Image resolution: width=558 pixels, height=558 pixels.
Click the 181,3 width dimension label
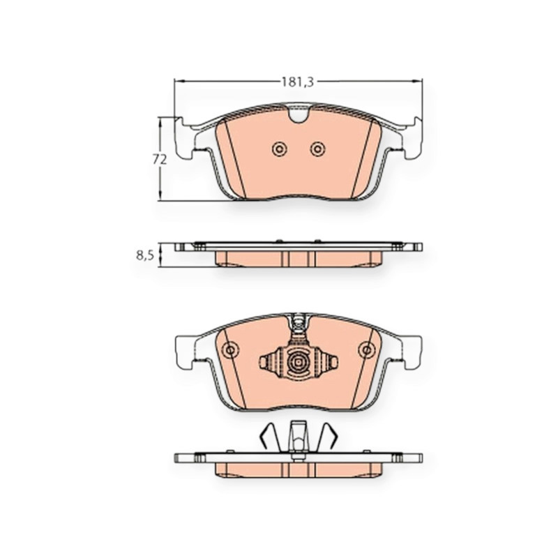click(x=298, y=82)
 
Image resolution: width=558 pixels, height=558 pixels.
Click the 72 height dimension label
click(x=160, y=160)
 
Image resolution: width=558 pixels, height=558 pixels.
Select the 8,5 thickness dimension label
click(x=145, y=255)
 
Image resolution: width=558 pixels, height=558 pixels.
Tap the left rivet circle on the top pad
click(x=280, y=149)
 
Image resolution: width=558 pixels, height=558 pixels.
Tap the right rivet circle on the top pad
click(x=317, y=149)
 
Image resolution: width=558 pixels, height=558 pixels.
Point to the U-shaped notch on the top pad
click(x=299, y=114)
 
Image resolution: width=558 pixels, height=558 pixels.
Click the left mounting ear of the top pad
click(x=184, y=138)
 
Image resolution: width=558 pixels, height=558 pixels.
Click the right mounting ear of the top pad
click(x=412, y=138)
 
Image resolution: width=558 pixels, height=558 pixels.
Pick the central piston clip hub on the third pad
click(x=299, y=362)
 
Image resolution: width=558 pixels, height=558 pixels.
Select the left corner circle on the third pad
click(x=230, y=350)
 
